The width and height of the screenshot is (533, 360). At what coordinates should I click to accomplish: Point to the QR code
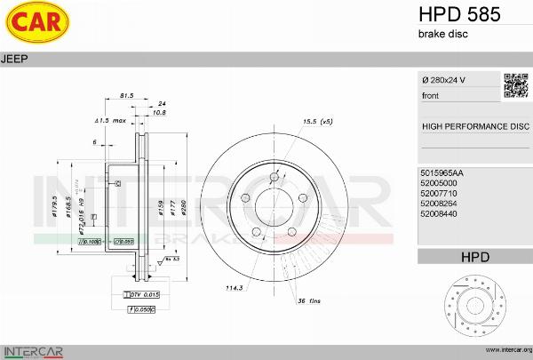516,85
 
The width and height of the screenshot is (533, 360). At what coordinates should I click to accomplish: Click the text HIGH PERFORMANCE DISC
474,127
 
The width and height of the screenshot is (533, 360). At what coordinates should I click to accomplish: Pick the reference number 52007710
439,193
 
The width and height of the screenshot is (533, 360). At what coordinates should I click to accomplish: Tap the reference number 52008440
439,214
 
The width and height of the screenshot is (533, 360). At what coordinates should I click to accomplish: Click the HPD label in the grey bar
475,258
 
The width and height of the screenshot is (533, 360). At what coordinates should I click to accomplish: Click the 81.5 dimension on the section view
126,95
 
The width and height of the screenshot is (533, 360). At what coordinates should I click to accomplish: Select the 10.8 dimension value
160,113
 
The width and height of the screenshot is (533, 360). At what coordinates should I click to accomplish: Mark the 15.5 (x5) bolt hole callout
317,120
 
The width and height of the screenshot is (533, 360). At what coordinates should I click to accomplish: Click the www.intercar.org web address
503,350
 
